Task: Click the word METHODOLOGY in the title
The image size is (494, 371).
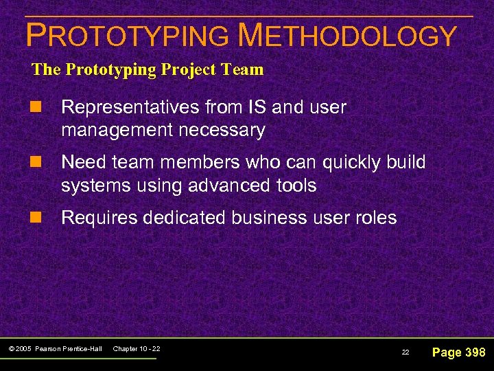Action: [346, 36]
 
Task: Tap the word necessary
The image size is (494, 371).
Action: [225, 130]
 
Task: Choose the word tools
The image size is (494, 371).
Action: [294, 185]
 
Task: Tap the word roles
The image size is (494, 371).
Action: [373, 218]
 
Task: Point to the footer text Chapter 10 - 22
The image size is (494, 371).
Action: [137, 350]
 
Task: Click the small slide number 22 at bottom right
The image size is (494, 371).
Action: [405, 352]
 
